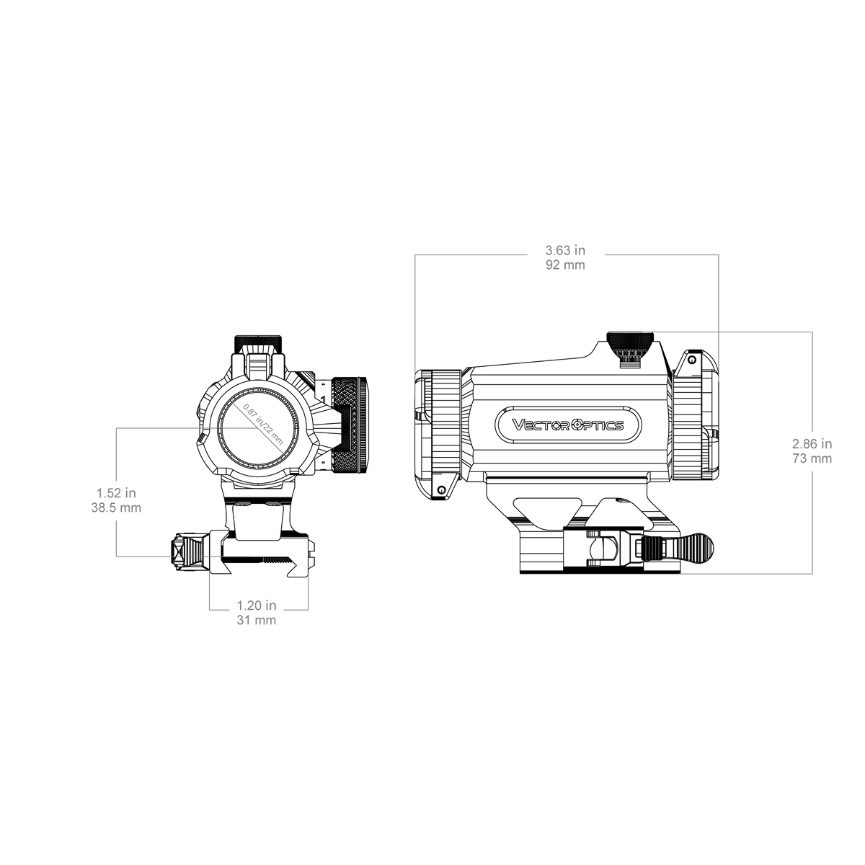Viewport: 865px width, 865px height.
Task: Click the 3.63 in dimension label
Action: [565, 249]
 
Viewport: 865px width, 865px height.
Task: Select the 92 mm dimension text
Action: [565, 265]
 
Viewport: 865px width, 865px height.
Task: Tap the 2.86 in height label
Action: [812, 444]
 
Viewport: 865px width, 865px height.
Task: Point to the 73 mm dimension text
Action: [812, 458]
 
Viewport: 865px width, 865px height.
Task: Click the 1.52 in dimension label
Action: [116, 493]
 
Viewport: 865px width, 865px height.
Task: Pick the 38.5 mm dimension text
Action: [116, 508]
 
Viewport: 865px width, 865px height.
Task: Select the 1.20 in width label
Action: [257, 605]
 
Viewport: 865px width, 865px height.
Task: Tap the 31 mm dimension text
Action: [257, 621]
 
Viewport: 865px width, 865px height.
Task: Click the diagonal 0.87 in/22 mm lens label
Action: [264, 424]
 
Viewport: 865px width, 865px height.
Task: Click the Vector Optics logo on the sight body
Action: [568, 425]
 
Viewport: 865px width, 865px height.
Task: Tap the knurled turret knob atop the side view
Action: [630, 341]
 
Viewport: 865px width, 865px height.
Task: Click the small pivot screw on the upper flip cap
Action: [692, 360]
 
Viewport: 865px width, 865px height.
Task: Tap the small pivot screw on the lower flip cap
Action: [442, 490]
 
